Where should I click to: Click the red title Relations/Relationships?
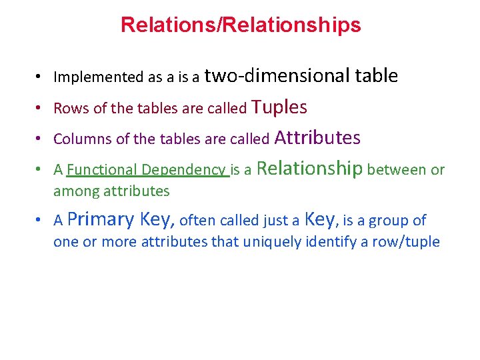241,25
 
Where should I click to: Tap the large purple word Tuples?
279,107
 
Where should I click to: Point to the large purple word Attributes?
317,138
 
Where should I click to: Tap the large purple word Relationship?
309,168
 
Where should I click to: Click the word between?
397,170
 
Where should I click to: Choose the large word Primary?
101,219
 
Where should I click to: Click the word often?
198,221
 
